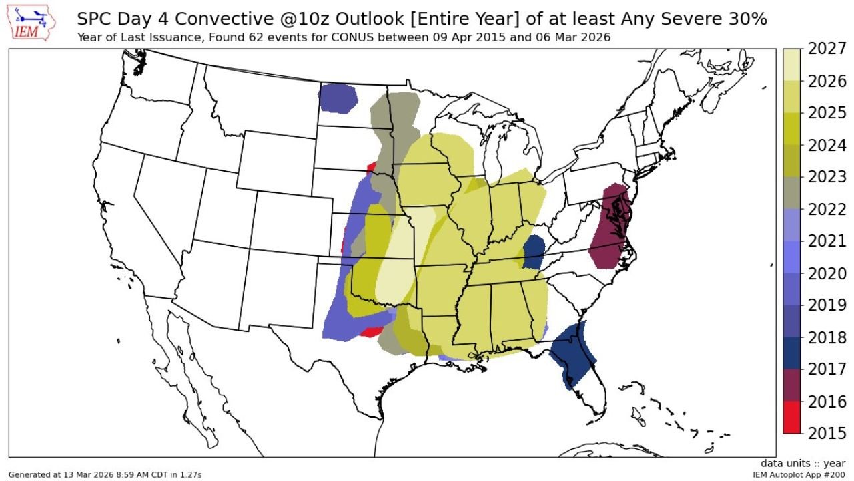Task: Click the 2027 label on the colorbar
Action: (x=827, y=49)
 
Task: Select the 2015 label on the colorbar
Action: (x=827, y=433)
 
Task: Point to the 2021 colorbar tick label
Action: (x=827, y=241)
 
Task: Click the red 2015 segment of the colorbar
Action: (x=791, y=417)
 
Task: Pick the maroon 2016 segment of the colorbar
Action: (x=791, y=385)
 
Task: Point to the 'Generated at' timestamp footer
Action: (x=105, y=474)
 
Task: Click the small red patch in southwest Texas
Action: (x=370, y=331)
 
